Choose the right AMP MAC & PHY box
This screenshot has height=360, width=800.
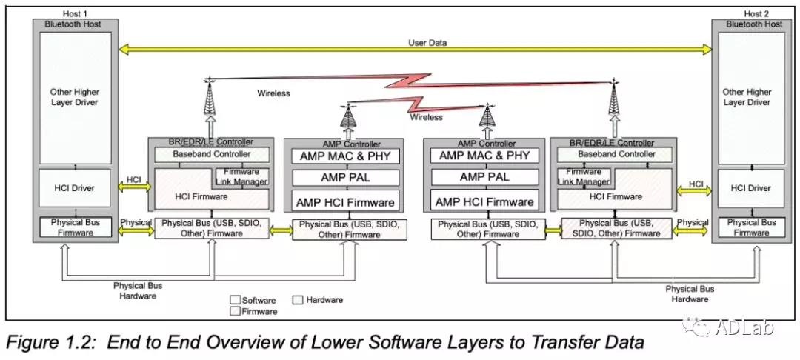(x=484, y=156)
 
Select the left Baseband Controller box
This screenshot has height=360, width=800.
(x=211, y=155)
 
